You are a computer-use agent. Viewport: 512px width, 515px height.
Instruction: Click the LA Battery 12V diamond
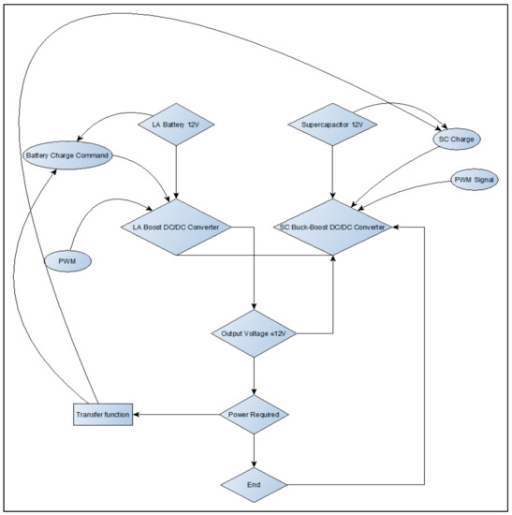(x=176, y=125)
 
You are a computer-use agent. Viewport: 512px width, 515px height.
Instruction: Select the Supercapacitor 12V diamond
(x=332, y=125)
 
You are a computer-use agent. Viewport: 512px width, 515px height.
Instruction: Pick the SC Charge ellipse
(x=456, y=140)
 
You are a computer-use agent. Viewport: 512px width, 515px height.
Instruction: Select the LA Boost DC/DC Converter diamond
(x=176, y=227)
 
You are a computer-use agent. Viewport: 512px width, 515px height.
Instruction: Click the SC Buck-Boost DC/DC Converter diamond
(x=332, y=227)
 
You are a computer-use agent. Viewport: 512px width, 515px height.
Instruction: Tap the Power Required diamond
(x=255, y=412)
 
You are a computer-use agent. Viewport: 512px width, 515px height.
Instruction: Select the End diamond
(x=255, y=484)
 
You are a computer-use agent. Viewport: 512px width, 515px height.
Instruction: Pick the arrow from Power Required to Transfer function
(x=178, y=412)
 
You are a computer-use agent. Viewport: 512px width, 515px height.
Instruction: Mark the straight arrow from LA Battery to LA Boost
(x=176, y=173)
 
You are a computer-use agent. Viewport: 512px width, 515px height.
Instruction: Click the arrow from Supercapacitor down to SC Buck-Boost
(x=332, y=173)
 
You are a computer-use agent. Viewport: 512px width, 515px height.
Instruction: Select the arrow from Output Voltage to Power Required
(x=255, y=375)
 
